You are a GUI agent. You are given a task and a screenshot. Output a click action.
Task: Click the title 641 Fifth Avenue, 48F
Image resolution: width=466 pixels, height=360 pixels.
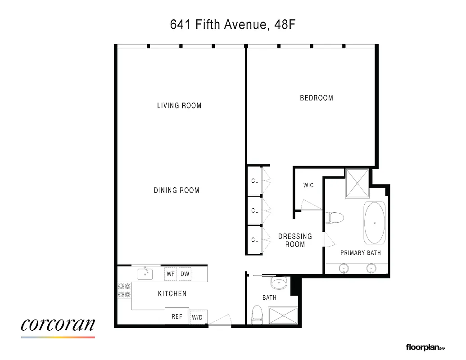click(232, 24)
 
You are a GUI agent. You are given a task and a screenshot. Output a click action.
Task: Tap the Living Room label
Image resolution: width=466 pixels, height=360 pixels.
click(179, 106)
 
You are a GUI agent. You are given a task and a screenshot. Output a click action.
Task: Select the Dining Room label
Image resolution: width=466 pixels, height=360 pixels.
click(176, 190)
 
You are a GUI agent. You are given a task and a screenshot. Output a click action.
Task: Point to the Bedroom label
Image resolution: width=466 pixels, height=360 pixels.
click(317, 98)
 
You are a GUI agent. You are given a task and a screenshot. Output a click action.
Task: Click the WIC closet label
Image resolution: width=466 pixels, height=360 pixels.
click(308, 185)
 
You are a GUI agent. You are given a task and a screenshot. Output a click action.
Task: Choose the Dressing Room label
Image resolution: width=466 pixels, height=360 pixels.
click(295, 240)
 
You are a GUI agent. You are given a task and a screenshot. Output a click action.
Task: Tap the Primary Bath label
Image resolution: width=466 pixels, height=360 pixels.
click(361, 253)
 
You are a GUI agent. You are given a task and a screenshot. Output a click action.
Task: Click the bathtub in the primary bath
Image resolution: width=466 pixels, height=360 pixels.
click(374, 223)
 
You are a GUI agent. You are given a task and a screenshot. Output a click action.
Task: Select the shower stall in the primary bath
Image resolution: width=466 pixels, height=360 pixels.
click(357, 184)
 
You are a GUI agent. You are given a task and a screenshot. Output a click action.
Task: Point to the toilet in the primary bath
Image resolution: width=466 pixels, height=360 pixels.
click(335, 218)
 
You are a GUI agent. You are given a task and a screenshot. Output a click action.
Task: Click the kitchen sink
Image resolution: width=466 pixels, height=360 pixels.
click(145, 273)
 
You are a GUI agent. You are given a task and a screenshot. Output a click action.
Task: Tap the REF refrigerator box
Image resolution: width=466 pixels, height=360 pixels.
click(177, 316)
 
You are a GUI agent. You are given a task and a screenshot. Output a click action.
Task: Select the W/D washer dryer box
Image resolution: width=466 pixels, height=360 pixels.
click(198, 317)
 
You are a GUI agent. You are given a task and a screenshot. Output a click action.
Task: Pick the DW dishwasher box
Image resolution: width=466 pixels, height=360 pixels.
click(185, 274)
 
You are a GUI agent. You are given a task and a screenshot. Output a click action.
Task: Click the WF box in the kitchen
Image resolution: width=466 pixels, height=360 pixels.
click(171, 274)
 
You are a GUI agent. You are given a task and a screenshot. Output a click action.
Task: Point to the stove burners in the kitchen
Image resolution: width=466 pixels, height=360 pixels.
click(124, 290)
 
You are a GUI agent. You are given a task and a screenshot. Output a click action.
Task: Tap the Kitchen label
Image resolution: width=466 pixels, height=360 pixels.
click(172, 294)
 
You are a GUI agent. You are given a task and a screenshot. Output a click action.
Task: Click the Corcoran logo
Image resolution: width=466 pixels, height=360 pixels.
click(58, 326)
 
